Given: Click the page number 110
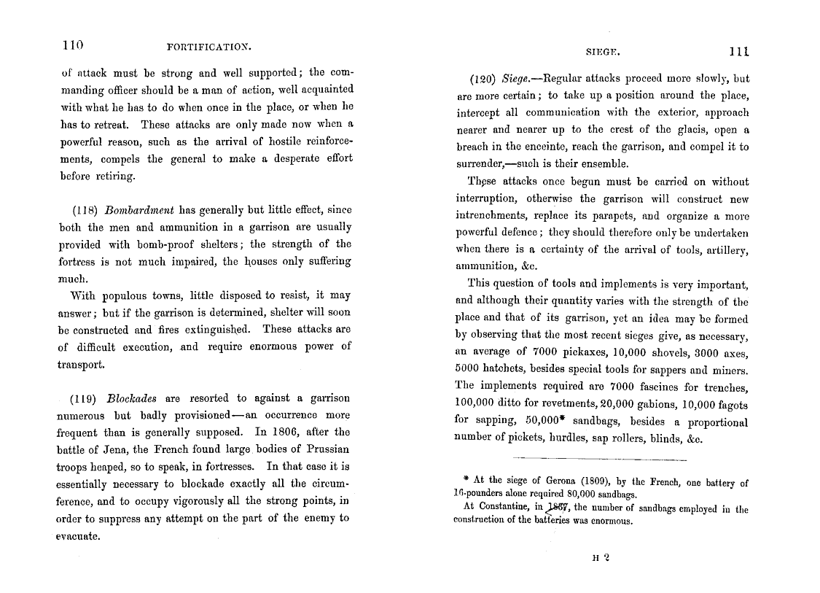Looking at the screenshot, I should pyautogui.click(x=73, y=45).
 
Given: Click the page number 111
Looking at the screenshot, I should pyautogui.click(x=738, y=52).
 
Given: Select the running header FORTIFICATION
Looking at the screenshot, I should pyautogui.click(x=208, y=47).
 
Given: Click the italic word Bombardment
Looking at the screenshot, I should pyautogui.click(x=137, y=209).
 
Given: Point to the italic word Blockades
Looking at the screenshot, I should pyautogui.click(x=133, y=398).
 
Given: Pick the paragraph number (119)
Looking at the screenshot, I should pyautogui.click(x=85, y=398).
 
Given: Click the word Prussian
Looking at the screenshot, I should pyautogui.click(x=327, y=449).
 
